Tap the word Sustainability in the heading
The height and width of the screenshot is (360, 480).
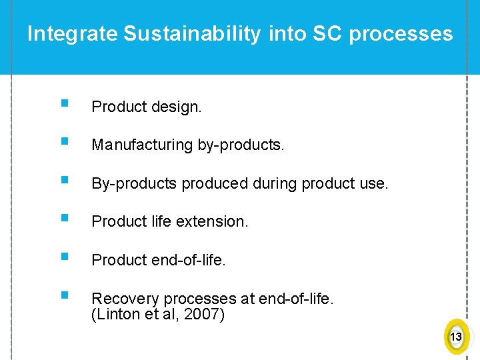click(192, 34)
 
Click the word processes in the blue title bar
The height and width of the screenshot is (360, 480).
click(401, 34)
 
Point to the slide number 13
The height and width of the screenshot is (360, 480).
click(456, 337)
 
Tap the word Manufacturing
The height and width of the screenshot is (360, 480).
click(142, 145)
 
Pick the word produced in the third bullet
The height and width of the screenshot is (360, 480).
click(217, 183)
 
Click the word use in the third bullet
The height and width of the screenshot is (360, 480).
click(374, 183)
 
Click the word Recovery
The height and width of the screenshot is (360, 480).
click(125, 299)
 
